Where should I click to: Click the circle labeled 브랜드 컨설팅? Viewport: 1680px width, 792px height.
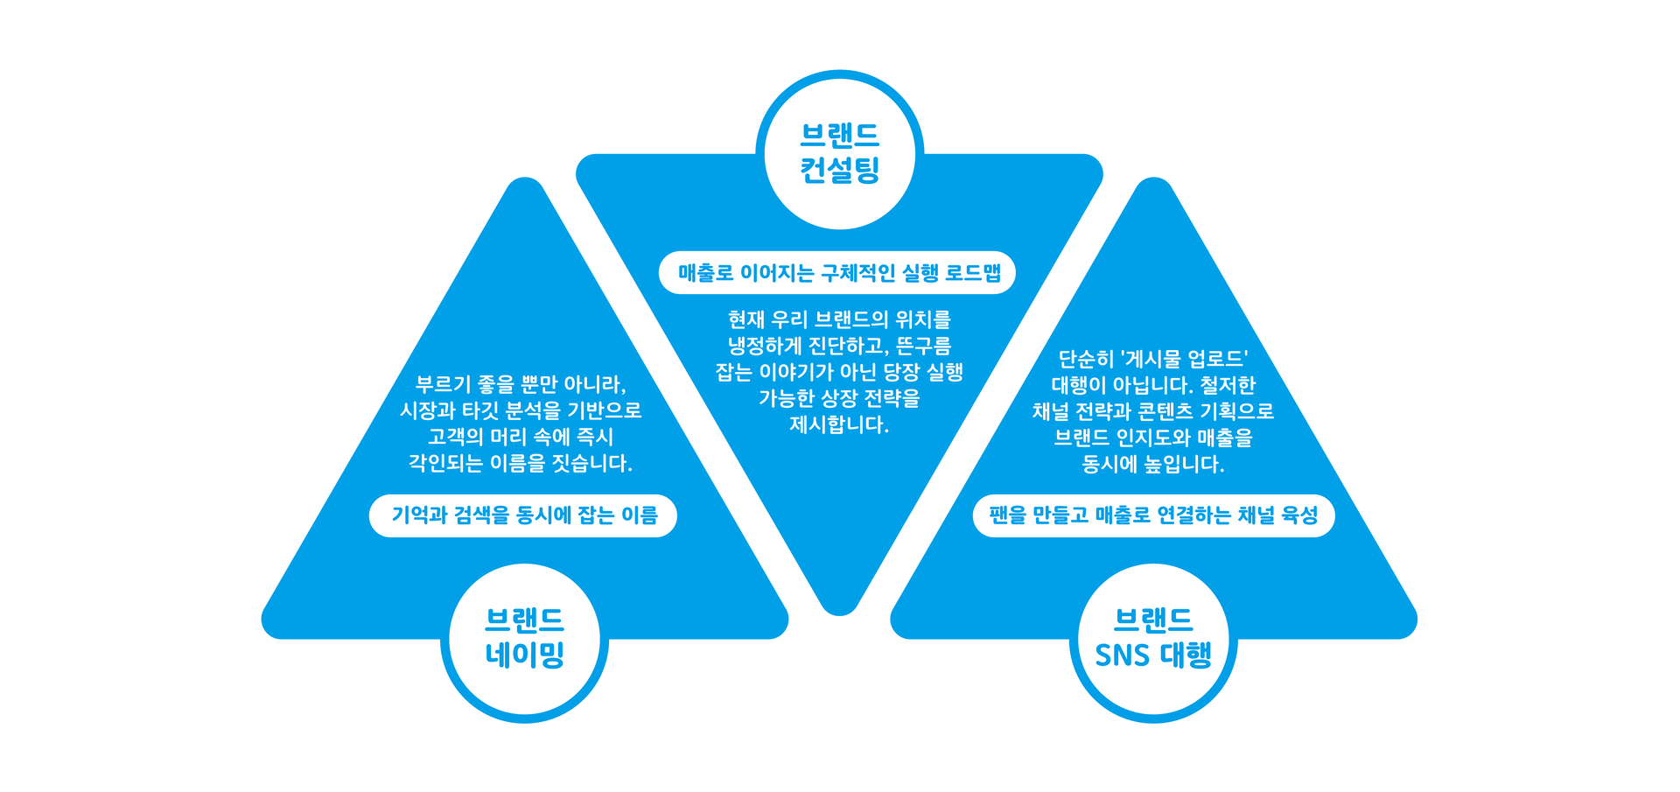click(x=839, y=151)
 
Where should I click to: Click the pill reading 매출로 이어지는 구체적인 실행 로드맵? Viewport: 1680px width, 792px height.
click(x=837, y=273)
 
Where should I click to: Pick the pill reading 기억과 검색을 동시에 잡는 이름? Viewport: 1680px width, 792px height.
click(x=523, y=515)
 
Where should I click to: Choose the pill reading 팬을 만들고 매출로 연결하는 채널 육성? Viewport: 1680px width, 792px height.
click(x=1153, y=515)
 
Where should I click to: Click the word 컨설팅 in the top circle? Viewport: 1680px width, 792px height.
click(x=839, y=170)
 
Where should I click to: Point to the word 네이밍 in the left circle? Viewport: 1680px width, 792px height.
click(x=524, y=655)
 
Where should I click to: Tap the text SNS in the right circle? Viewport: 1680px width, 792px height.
click(x=1123, y=655)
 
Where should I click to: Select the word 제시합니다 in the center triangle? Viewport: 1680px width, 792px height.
click(x=839, y=425)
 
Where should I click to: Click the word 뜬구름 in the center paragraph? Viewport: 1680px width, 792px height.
click(x=924, y=346)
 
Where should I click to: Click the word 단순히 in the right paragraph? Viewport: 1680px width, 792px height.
click(x=1086, y=359)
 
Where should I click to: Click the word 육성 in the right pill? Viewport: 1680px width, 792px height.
click(x=1299, y=515)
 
